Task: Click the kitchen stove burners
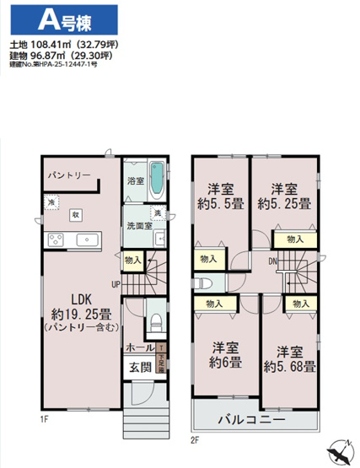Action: point(56,240)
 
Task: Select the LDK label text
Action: point(81,299)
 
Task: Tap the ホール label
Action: point(139,347)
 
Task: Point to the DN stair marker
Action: point(274,261)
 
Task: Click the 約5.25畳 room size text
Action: point(285,202)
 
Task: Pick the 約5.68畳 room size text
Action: point(289,366)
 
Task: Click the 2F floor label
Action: point(195,440)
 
